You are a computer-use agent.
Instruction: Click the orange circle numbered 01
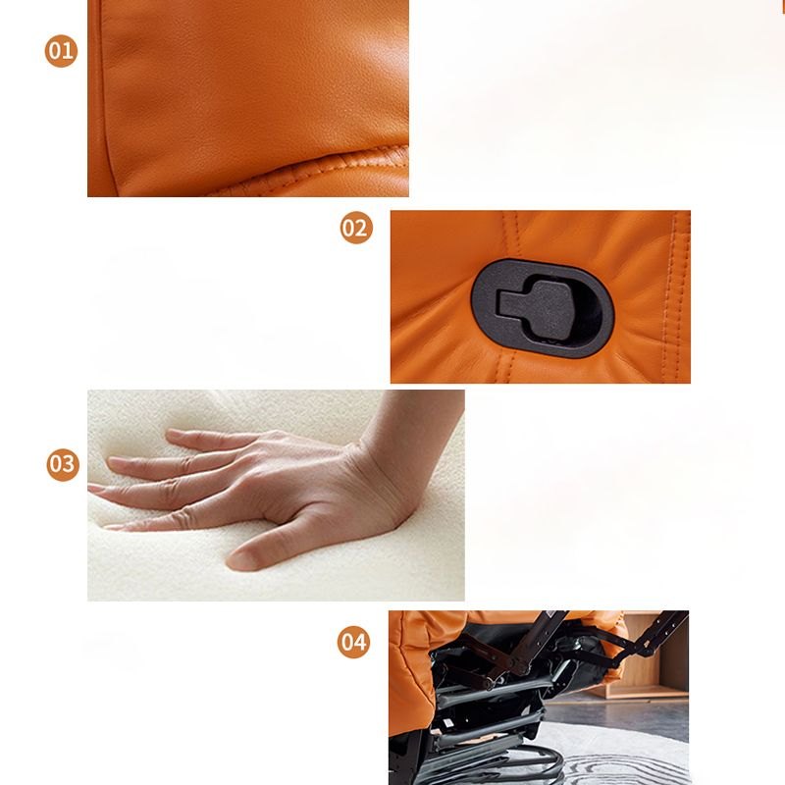pyautogui.click(x=61, y=50)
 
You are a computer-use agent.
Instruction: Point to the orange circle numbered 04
pyautogui.click(x=354, y=643)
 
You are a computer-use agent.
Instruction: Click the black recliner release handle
pyautogui.click(x=535, y=303)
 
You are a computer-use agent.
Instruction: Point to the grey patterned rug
pyautogui.click(x=628, y=756)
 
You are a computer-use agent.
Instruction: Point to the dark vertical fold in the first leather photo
pyautogui.click(x=108, y=98)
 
